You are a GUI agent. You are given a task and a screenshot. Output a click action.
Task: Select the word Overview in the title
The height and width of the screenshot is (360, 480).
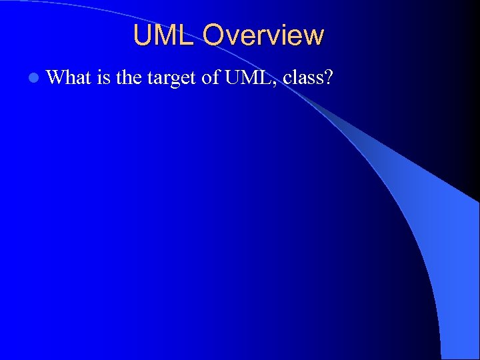(x=263, y=35)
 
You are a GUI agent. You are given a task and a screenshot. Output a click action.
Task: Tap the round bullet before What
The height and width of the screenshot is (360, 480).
(x=34, y=79)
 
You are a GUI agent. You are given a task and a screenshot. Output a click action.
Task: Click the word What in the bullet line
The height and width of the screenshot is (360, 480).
(x=69, y=78)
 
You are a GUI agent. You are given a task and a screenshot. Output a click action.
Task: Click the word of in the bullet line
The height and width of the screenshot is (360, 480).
(x=211, y=78)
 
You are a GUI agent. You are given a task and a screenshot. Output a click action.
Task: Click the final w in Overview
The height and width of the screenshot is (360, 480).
(x=314, y=37)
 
